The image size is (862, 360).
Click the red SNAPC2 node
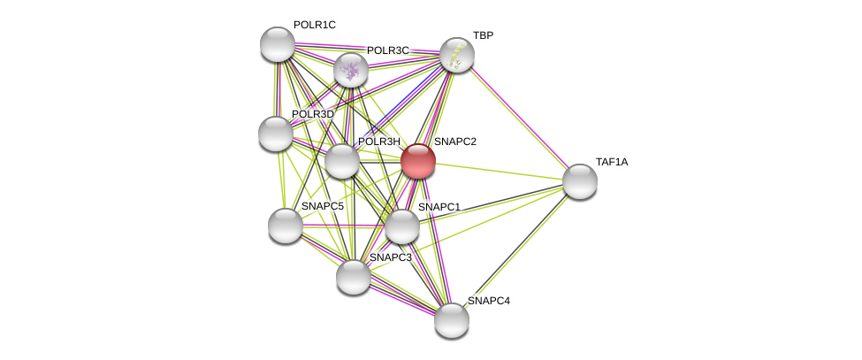click(417, 161)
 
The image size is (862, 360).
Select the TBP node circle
click(456, 55)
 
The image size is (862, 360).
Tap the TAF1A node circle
click(579, 181)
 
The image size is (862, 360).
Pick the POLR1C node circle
click(277, 44)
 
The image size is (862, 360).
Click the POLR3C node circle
click(350, 70)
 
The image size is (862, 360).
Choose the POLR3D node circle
click(275, 134)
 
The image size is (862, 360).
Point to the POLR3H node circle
click(342, 161)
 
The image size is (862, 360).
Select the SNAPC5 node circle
click(285, 226)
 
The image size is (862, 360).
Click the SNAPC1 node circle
click(401, 226)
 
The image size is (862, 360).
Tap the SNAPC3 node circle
click(353, 277)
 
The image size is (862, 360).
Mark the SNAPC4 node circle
click(451, 320)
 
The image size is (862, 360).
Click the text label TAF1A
click(612, 162)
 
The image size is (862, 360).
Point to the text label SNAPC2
click(454, 142)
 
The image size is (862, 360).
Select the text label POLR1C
click(315, 25)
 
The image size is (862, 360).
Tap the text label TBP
click(483, 35)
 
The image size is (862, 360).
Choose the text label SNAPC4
click(488, 301)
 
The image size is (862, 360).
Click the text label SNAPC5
click(322, 206)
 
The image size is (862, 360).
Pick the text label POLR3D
click(313, 114)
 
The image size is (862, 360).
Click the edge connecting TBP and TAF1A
click(517, 118)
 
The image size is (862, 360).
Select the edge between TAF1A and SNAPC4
click(515, 250)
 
